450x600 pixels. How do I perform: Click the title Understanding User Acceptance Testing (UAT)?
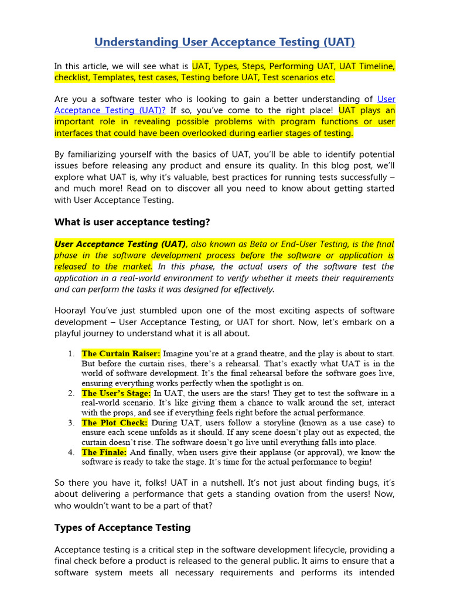[x=224, y=42]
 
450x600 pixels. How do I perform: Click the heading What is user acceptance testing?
[x=132, y=222]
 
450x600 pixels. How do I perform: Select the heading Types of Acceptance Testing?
[x=122, y=527]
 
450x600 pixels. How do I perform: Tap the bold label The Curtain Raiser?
[x=121, y=353]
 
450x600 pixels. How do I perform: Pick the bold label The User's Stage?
[x=116, y=393]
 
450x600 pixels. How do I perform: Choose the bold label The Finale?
[x=104, y=452]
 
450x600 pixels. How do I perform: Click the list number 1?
[x=70, y=354]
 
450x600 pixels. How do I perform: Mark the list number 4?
[x=70, y=452]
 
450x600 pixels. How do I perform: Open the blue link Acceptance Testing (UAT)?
[x=110, y=110]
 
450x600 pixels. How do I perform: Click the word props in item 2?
[x=129, y=412]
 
